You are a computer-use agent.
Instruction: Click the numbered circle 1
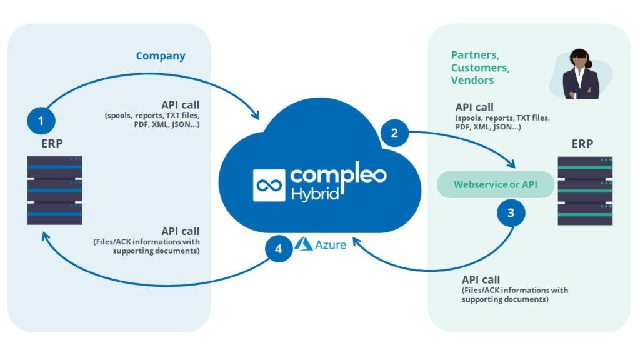41,121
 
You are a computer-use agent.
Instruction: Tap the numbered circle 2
394,132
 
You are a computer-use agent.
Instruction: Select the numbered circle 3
511,212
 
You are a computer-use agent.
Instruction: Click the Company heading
161,56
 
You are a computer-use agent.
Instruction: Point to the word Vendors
472,80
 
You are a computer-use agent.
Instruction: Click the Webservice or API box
495,184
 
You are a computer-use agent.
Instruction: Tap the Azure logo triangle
304,244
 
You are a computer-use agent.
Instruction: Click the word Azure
330,244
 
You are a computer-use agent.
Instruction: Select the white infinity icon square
269,185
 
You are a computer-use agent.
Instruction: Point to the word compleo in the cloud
338,173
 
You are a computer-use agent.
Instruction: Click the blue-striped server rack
54,190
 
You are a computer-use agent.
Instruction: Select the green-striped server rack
585,190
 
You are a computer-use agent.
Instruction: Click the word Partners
474,55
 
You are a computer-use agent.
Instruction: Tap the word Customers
480,67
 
